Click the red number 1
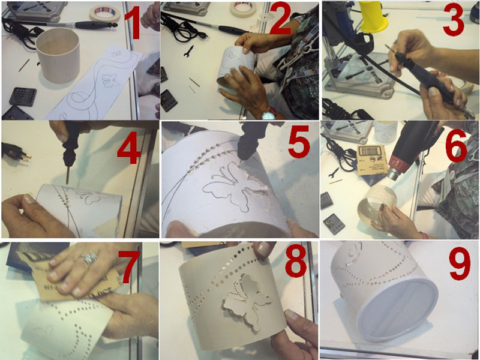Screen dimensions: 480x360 click(x=133, y=25)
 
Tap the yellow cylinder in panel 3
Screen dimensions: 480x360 click(x=373, y=16)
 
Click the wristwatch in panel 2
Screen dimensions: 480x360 click(x=268, y=115)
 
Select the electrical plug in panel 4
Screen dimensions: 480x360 click(x=16, y=152)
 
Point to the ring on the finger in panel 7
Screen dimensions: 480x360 click(x=90, y=258)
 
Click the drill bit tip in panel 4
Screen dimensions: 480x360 click(x=67, y=182)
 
